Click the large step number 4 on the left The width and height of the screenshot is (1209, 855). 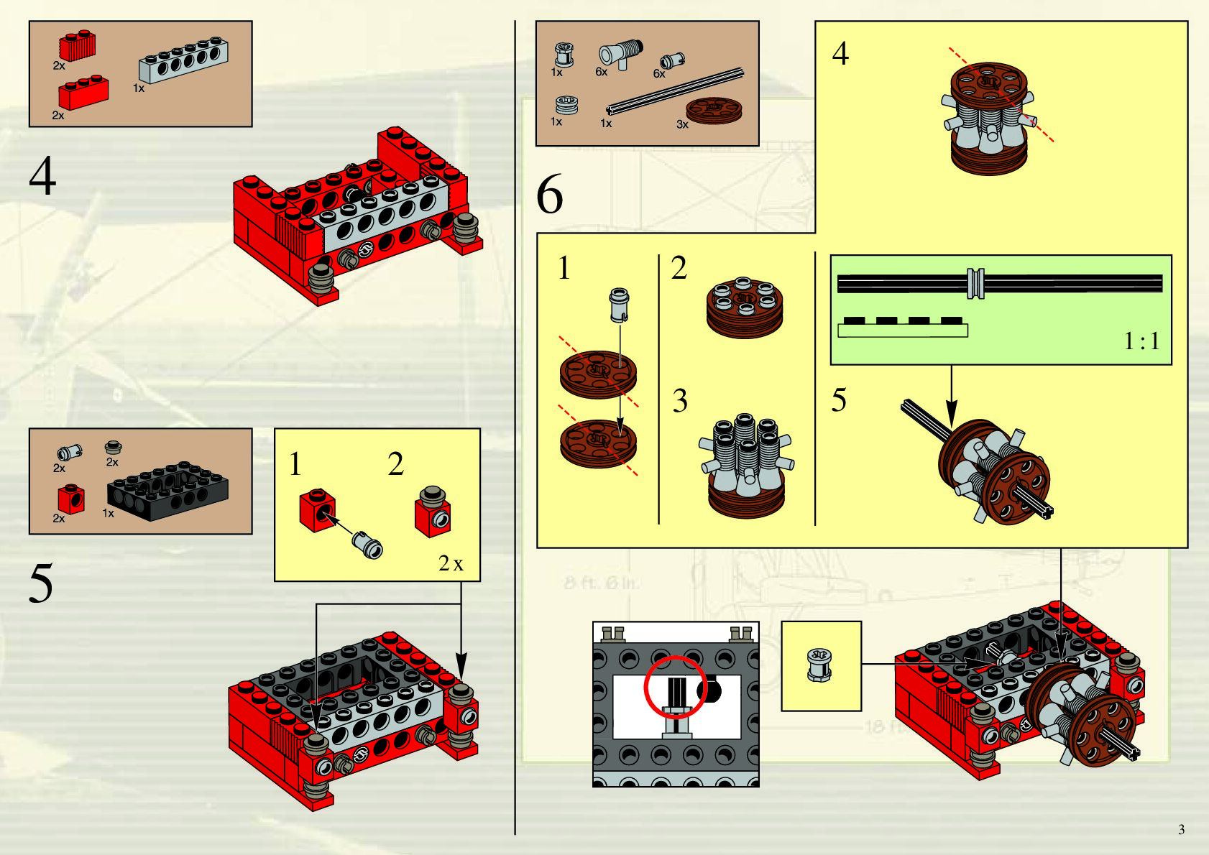pyautogui.click(x=42, y=177)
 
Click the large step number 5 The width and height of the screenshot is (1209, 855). pyautogui.click(x=41, y=583)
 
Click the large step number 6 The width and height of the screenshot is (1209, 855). pyautogui.click(x=550, y=195)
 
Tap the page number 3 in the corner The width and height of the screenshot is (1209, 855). pyautogui.click(x=1181, y=829)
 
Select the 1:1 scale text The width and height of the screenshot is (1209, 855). pyautogui.click(x=1141, y=341)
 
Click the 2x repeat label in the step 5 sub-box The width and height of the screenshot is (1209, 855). pyautogui.click(x=451, y=563)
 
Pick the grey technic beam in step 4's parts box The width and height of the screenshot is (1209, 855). pyautogui.click(x=183, y=59)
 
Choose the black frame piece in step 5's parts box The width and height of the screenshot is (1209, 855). pyautogui.click(x=167, y=491)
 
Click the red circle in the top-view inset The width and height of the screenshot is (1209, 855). pyautogui.click(x=676, y=686)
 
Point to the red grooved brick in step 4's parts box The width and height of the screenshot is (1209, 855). pyautogui.click(x=77, y=47)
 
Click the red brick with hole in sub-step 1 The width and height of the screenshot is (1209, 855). pyautogui.click(x=317, y=509)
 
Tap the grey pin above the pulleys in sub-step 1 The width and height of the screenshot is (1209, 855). pyautogui.click(x=619, y=305)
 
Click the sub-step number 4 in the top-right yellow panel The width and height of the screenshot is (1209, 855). pyautogui.click(x=840, y=54)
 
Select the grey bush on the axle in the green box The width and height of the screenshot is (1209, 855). pyautogui.click(x=975, y=283)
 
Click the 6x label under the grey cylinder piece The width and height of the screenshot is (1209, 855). pyautogui.click(x=602, y=72)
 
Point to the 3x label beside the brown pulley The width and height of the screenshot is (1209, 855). pyautogui.click(x=682, y=124)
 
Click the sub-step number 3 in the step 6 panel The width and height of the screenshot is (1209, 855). pyautogui.click(x=680, y=401)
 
